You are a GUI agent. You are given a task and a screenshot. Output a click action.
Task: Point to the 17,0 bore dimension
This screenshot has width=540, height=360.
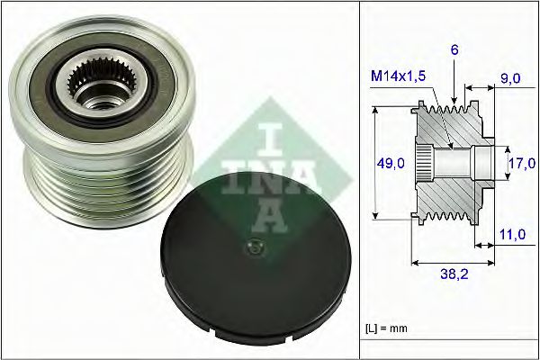pos(519,165)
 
